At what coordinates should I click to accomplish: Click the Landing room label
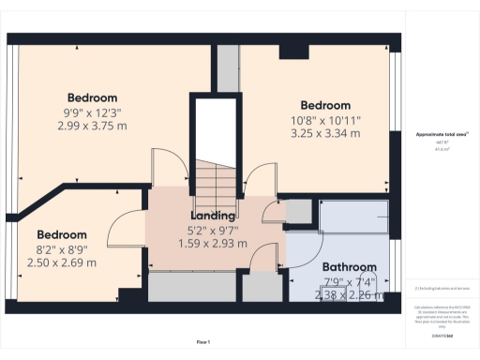pyautogui.click(x=213, y=216)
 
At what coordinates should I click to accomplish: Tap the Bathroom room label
pyautogui.click(x=349, y=267)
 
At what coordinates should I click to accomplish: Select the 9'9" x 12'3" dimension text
pyautogui.click(x=92, y=112)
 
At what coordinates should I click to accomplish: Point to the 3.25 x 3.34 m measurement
pyautogui.click(x=325, y=133)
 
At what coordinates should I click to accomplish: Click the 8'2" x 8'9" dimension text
pyautogui.click(x=62, y=250)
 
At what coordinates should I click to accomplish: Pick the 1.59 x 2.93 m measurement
pyautogui.click(x=213, y=243)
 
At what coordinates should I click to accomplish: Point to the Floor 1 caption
pyautogui.click(x=203, y=341)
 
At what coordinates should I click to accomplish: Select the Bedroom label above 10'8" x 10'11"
pyautogui.click(x=325, y=105)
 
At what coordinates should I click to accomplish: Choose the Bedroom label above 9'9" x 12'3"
pyautogui.click(x=92, y=97)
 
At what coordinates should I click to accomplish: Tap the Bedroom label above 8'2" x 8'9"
pyautogui.click(x=62, y=234)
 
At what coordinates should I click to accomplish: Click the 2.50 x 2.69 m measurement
pyautogui.click(x=62, y=264)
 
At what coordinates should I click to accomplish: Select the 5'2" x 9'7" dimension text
pyautogui.click(x=213, y=230)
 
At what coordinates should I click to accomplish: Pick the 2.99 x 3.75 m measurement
pyautogui.click(x=92, y=126)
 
